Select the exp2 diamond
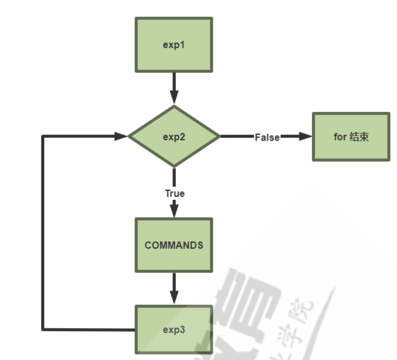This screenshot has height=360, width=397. tap(174, 136)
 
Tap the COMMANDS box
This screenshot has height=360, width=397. tap(173, 245)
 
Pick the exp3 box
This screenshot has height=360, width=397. tap(173, 329)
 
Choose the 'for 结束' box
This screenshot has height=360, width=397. tap(351, 137)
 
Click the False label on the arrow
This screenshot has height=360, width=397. tap(267, 137)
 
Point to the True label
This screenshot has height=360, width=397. tap(174, 193)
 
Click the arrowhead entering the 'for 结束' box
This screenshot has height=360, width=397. tap(306, 136)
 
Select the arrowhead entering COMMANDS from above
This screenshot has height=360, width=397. tap(174, 210)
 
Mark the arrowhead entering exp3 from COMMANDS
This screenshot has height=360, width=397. tap(174, 297)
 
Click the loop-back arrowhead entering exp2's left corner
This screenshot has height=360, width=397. tap(121, 136)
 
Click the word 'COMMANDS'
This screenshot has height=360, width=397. tap(173, 245)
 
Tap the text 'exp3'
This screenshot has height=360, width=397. tap(173, 329)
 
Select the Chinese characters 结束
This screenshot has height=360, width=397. tap(359, 137)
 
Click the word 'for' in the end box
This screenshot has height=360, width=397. tap(340, 137)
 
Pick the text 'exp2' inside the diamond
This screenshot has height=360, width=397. tap(174, 137)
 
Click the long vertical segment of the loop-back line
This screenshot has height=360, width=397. tap(43, 234)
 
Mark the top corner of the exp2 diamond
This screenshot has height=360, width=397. tap(174, 107)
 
